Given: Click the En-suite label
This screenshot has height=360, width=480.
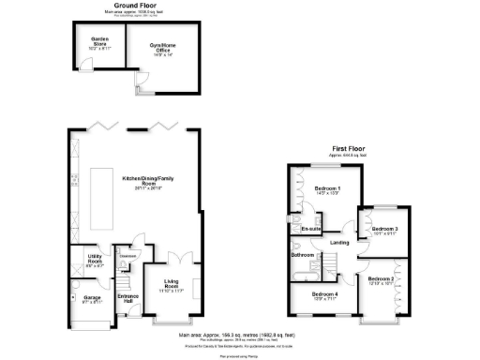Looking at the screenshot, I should [x=310, y=228].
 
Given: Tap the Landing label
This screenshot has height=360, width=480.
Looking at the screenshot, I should [x=340, y=244].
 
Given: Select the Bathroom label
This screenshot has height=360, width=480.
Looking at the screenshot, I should [x=302, y=255].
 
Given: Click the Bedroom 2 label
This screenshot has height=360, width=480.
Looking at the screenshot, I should [x=381, y=279].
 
